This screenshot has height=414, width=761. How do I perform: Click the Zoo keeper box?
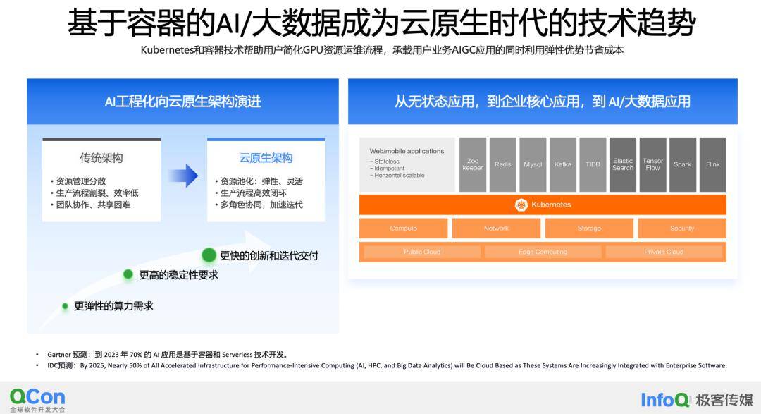[x=473, y=164]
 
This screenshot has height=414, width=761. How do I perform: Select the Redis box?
[x=503, y=164]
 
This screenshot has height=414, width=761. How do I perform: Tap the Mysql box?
[x=533, y=164]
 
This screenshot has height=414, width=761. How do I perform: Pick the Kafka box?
[x=563, y=164]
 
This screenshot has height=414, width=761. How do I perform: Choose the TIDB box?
[x=593, y=164]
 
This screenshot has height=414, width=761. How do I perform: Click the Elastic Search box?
[x=623, y=164]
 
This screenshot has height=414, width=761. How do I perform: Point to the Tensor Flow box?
[x=653, y=164]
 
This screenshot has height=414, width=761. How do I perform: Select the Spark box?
[x=682, y=164]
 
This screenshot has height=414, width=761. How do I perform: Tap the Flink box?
[x=713, y=164]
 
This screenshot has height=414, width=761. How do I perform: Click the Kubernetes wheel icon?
[x=521, y=205]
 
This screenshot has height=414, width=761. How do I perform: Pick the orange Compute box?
[x=404, y=229]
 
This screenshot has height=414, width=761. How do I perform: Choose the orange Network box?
[x=496, y=229]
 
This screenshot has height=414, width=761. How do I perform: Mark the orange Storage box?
[x=589, y=229]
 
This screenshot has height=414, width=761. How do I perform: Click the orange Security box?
[x=682, y=229]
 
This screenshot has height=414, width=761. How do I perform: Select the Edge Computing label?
[x=543, y=252]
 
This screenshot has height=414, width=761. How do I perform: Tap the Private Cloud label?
[x=664, y=252]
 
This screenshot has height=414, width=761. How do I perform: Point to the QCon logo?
[x=37, y=397]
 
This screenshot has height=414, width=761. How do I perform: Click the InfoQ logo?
[x=665, y=400]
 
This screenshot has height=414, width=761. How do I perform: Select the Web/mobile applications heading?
[x=407, y=151]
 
